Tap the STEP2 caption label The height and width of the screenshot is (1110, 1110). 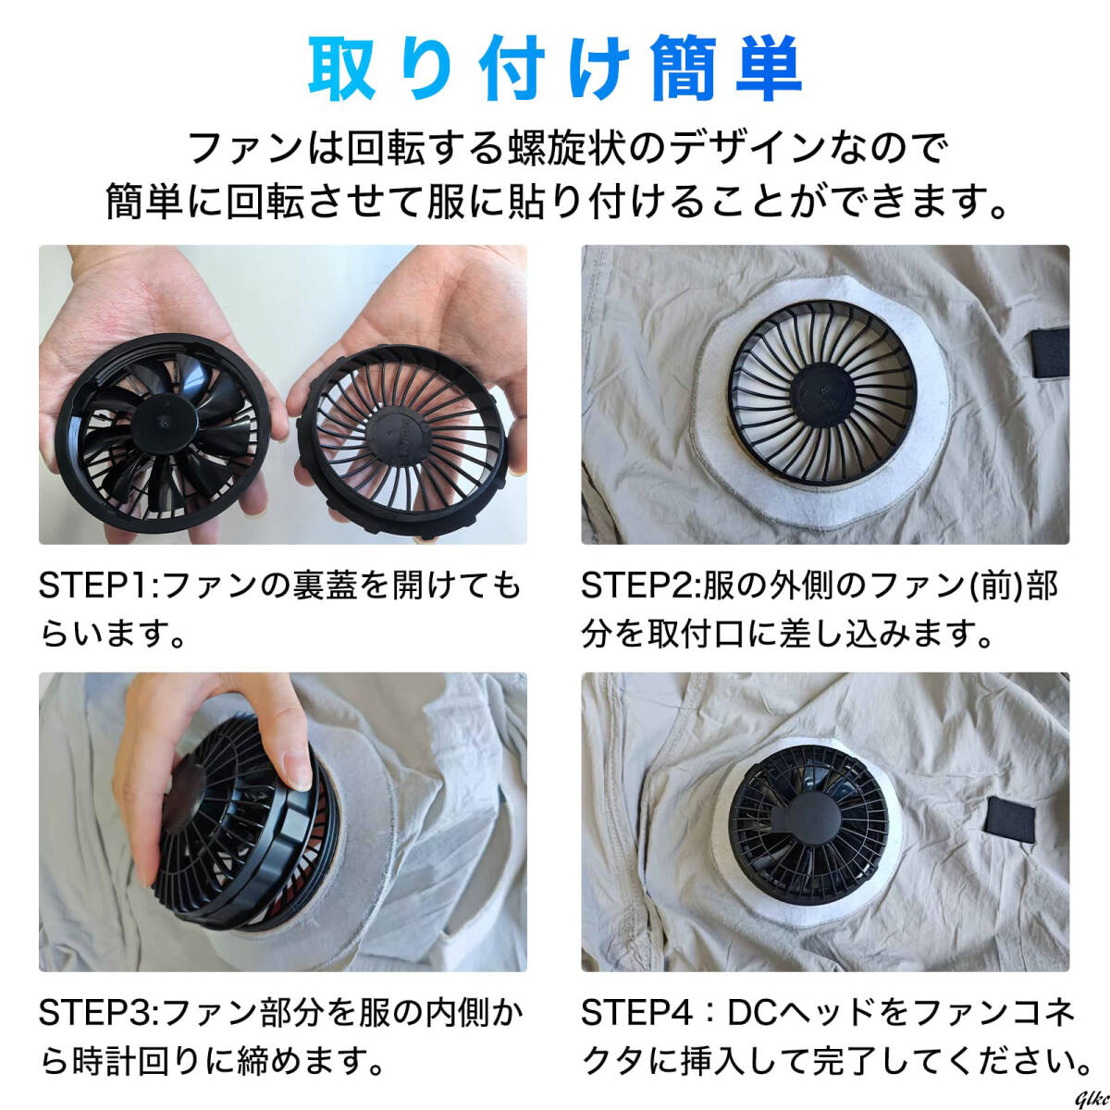click(x=640, y=586)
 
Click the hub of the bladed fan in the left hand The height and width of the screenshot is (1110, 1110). click(x=163, y=421)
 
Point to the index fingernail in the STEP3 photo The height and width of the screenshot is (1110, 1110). click(x=299, y=771)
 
